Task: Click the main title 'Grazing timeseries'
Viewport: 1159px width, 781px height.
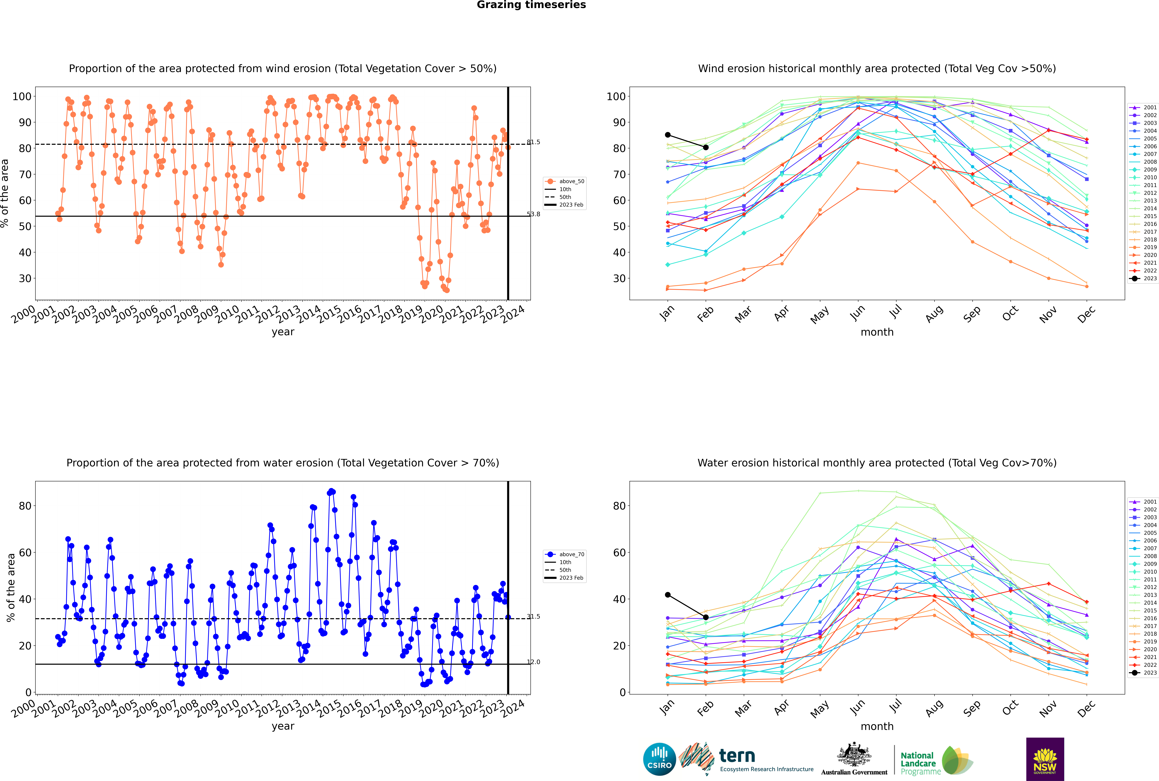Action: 531,5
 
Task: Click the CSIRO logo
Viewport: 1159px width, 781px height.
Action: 659,759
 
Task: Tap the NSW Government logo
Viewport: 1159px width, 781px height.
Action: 1045,759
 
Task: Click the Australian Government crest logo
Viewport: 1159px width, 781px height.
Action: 854,759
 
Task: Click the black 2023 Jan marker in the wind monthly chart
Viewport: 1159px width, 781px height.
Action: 668,135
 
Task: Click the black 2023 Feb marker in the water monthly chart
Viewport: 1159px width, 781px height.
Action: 706,618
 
